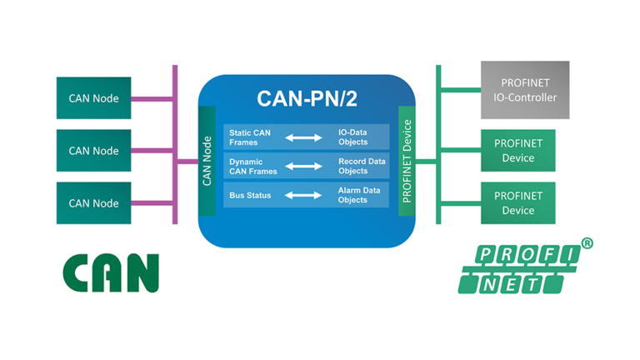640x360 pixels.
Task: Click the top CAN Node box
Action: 93,98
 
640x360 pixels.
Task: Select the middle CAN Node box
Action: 93,151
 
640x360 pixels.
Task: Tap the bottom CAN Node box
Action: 93,203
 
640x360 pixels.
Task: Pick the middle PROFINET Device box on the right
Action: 517,151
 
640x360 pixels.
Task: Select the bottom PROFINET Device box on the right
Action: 517,203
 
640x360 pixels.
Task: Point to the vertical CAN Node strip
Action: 207,161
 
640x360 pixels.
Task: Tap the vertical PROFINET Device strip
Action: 407,161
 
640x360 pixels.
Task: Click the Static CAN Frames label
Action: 250,137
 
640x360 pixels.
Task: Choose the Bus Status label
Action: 248,195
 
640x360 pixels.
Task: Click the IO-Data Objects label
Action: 352,137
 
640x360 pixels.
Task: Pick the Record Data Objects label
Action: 361,166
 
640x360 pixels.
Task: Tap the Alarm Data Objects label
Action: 358,195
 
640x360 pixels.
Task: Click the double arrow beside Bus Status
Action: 304,195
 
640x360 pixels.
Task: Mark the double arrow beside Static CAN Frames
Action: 304,137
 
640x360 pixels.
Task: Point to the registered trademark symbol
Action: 587,244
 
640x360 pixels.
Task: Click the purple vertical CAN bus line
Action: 175,146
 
